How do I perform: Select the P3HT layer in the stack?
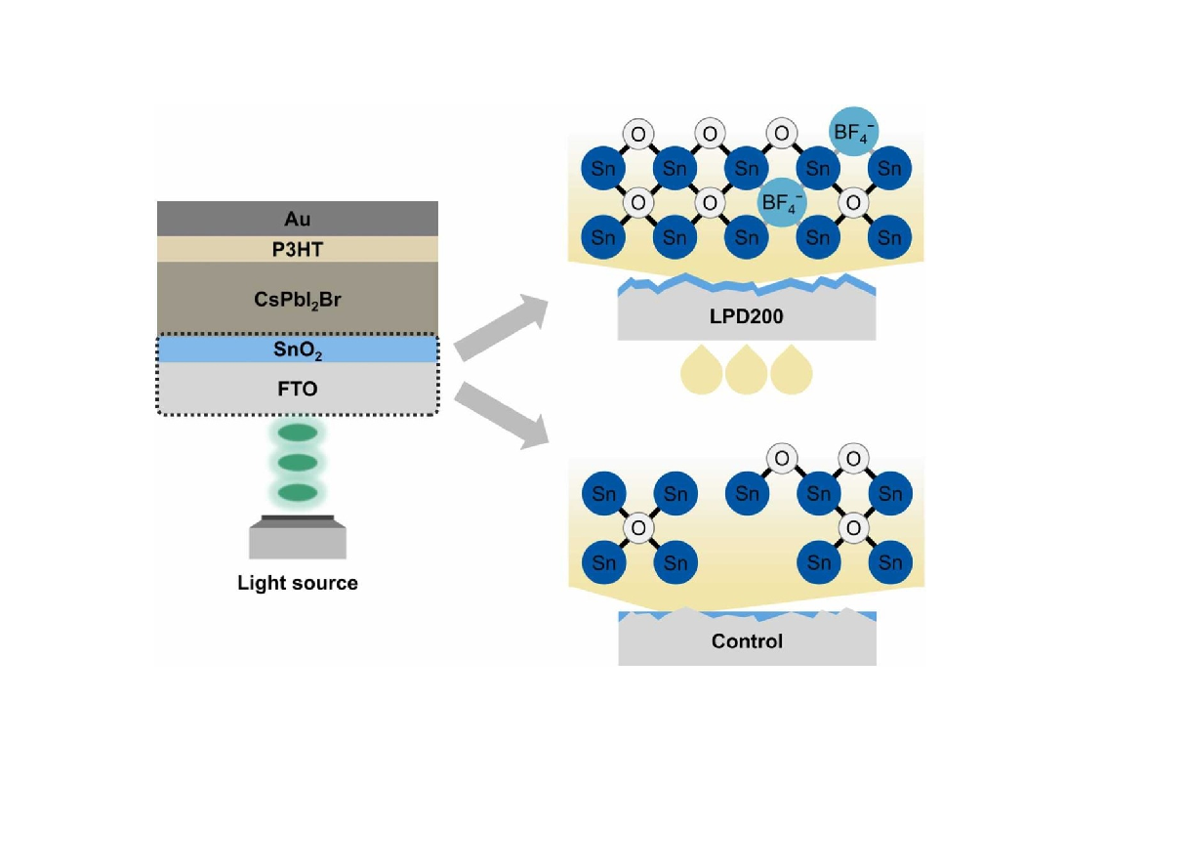pos(298,250)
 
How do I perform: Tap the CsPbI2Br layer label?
pos(298,299)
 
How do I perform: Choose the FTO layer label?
pos(298,389)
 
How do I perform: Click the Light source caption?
pos(298,584)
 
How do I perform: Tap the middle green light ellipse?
pos(298,462)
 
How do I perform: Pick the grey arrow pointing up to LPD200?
pos(503,325)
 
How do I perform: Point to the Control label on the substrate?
pos(747,641)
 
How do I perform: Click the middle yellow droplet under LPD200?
pos(747,370)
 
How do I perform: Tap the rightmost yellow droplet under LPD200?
pos(792,370)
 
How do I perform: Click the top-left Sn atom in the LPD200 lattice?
pos(603,169)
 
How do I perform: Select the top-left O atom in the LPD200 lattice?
pos(638,134)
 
